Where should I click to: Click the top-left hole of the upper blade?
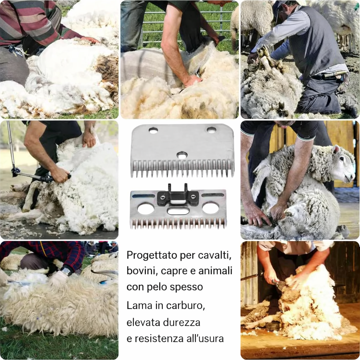153,130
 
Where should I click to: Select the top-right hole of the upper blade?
211,130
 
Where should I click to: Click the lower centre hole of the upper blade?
182,156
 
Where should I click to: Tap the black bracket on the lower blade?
178,195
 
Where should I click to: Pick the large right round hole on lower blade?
211,207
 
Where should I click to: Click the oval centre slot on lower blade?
178,210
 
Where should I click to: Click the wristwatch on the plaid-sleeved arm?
66,271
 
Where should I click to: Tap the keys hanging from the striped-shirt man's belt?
16,51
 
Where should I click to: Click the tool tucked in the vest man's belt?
333,74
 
